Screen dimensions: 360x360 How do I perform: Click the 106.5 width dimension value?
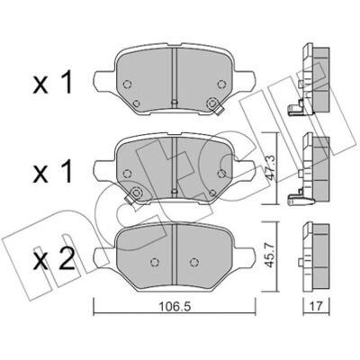coord(175,307)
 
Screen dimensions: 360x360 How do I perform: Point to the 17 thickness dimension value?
coord(316,307)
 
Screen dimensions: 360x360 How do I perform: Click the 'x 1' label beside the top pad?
coord(53,82)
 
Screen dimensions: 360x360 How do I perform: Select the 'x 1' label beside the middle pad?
coord(53,172)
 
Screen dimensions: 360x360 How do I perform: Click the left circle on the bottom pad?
coord(155,262)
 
